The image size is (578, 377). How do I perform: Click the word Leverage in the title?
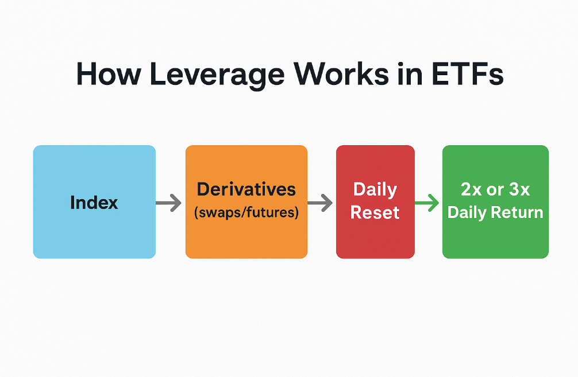point(217,75)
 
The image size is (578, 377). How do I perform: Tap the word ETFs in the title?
point(467,73)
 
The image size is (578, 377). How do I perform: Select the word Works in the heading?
point(341,73)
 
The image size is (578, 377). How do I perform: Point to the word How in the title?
point(109,73)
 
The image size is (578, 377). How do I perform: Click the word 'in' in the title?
point(410,73)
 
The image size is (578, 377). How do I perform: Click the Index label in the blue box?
point(94,203)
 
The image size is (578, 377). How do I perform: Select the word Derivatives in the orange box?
point(246,189)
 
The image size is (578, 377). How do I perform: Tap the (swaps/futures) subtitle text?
point(246,212)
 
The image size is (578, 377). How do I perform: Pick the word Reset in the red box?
point(375,212)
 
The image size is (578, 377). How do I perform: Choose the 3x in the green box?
point(519,189)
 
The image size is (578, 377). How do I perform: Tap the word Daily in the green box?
point(467,213)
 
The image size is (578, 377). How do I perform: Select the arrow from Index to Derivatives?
point(168,203)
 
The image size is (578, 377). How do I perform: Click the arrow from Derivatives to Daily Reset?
point(320,203)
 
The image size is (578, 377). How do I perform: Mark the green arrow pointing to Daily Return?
point(427,203)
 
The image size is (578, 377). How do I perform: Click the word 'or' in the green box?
point(495,191)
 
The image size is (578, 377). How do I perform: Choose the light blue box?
point(94,202)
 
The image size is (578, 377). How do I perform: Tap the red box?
point(375,202)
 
